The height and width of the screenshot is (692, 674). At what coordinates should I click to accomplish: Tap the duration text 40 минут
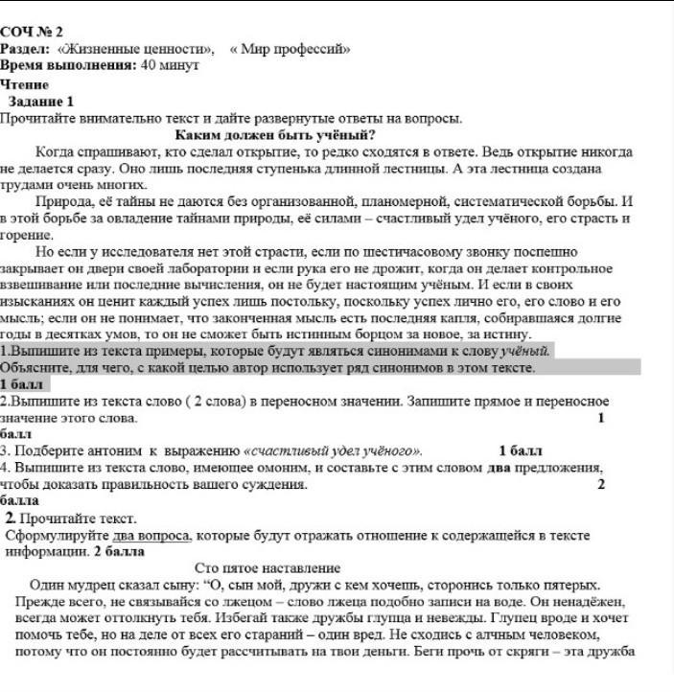point(169,65)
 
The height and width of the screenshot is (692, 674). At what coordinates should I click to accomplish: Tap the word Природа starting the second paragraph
point(63,203)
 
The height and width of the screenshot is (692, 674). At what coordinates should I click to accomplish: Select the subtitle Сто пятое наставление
point(274,568)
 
